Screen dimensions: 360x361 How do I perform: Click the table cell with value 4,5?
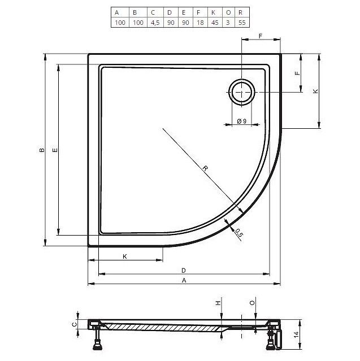tap(155, 23)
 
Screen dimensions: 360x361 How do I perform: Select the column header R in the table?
tap(242, 12)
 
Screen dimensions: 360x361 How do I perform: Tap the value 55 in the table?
tap(242, 23)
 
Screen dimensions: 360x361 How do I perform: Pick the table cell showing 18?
tap(200, 23)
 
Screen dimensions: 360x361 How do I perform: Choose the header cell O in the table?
tap(228, 12)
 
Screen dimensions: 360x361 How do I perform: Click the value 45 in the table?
tap(215, 23)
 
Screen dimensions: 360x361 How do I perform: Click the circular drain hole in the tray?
tap(242, 92)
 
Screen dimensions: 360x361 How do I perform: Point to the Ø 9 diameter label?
tap(242, 121)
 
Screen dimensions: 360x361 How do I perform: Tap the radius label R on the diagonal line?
tap(205, 168)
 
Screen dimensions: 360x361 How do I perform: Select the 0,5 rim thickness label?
tap(239, 233)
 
